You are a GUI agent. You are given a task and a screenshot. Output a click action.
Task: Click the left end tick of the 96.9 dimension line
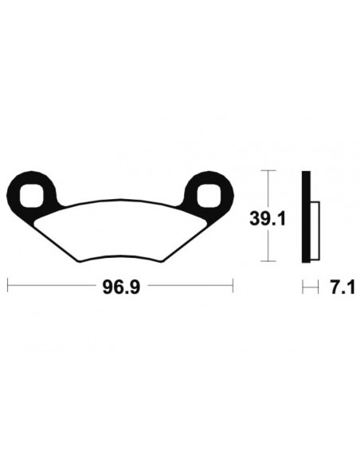click(x=8, y=284)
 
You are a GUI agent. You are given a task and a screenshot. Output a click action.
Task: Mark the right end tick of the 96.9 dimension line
click(x=232, y=284)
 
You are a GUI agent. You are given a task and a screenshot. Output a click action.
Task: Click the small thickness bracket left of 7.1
click(x=307, y=284)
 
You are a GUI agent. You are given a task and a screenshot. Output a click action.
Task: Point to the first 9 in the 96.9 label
click(x=104, y=284)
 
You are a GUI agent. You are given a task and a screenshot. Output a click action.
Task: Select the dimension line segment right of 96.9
click(x=183, y=284)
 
